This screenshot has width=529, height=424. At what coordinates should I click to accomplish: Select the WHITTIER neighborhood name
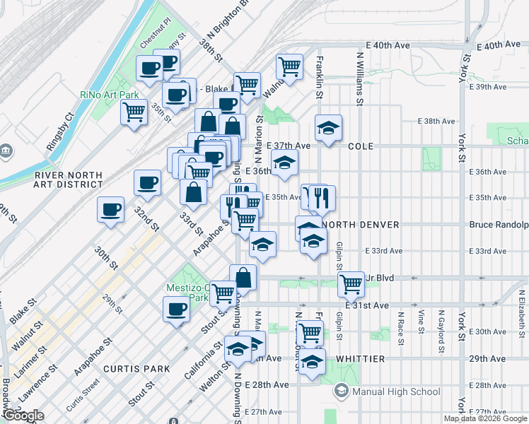pos(360,359)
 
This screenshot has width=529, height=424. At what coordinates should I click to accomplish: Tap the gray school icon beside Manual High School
pos(342,391)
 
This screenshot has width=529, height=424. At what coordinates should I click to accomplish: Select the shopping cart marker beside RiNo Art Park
pos(134,112)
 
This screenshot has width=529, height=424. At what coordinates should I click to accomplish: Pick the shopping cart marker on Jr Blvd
pos(351,284)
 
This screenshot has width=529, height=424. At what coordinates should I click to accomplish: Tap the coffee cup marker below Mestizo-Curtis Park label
pos(177,308)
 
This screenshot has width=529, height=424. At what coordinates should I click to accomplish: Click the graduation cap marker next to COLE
pos(329,129)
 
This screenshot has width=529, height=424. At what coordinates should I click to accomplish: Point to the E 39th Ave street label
pos(492,87)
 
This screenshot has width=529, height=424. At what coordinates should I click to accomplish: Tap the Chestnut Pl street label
pos(156,34)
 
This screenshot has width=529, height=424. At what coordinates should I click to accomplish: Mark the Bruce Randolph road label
pos(499,225)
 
